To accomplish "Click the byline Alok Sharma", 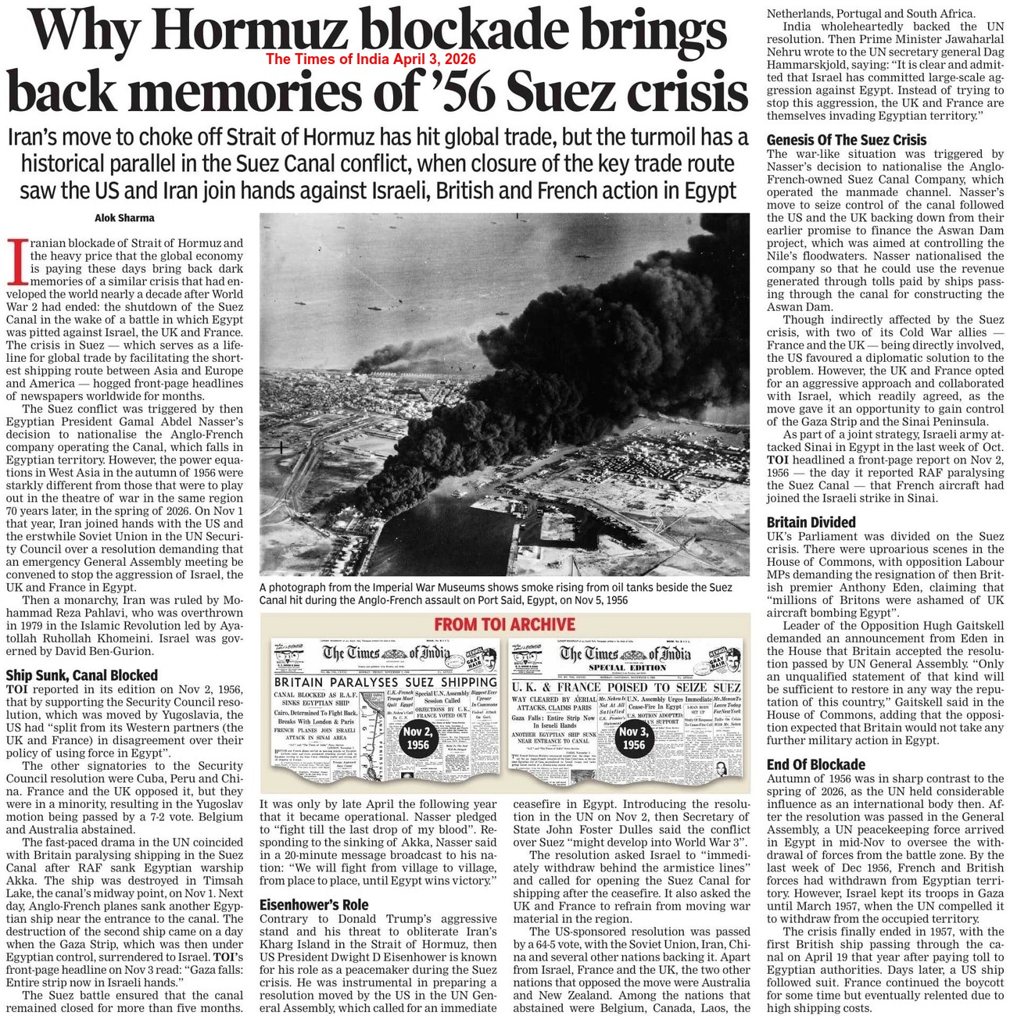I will (124, 218).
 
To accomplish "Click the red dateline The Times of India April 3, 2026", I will (371, 59).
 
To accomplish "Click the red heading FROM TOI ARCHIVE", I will (504, 624).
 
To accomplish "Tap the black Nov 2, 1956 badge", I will (417, 738).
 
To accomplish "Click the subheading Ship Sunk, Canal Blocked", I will (81, 675).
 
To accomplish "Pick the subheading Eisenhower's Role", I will (313, 905).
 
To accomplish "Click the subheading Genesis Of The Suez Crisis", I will (846, 141).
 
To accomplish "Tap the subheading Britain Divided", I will (811, 522).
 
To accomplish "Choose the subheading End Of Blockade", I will (815, 764).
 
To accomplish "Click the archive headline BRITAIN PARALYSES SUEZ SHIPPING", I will (386, 682).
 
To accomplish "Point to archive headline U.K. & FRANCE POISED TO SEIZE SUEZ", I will (625, 687).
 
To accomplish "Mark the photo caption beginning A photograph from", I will (496, 593).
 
